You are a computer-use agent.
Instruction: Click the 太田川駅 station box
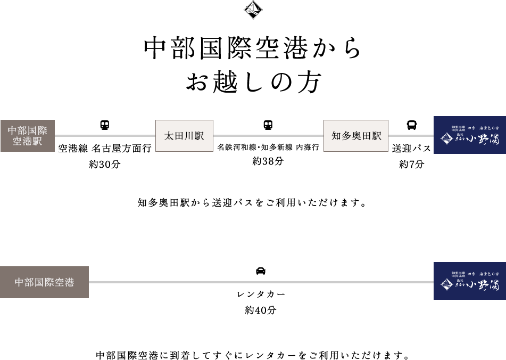pos(184,136)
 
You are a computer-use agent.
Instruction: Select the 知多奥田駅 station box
pos(355,136)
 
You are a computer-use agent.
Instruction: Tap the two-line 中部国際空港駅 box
pos(27,136)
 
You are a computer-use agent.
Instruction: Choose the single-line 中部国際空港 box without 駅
pos(44,282)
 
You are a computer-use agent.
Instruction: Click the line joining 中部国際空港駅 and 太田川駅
pos(105,136)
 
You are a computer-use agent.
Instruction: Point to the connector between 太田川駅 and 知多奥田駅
pos(268,136)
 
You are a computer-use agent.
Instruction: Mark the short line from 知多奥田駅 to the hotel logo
pos(411,136)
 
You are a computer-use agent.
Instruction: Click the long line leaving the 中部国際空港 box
pos(261,282)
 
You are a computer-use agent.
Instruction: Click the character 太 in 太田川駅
pos(169,136)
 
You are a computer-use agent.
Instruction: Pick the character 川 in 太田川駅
pos(189,136)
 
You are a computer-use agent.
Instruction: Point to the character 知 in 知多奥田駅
pos(336,136)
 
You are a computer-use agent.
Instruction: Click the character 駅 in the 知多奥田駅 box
pos(377,136)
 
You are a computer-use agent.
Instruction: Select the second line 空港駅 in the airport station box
pos(27,142)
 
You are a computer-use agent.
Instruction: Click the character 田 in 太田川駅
pos(179,136)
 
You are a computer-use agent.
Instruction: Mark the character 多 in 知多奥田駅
pos(346,136)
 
